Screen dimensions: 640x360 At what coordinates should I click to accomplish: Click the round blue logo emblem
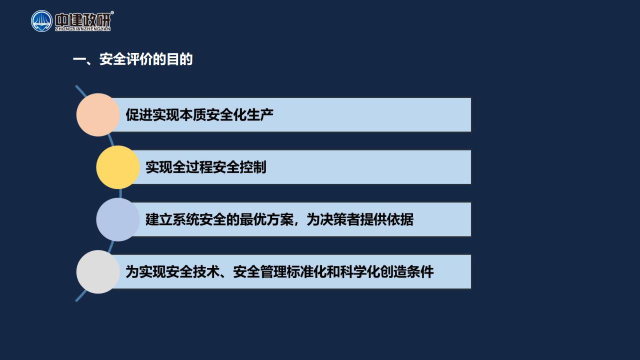click(x=41, y=21)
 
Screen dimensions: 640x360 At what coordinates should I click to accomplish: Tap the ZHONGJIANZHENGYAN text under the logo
click(x=83, y=29)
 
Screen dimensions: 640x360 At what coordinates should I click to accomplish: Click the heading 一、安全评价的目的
click(x=133, y=59)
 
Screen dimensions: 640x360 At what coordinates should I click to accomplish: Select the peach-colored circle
click(x=98, y=115)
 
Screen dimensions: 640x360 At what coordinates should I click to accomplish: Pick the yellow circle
click(x=118, y=167)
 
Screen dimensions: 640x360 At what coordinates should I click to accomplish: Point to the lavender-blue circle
click(x=118, y=219)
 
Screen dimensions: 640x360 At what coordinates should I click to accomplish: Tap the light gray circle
click(x=98, y=271)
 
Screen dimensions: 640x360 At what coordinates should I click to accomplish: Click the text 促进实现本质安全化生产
click(x=199, y=115)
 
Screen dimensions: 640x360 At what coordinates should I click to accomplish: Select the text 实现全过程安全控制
click(x=206, y=167)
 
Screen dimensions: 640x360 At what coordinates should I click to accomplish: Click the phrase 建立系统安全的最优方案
click(x=219, y=219)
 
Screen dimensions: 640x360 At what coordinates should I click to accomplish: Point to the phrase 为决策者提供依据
click(x=360, y=219)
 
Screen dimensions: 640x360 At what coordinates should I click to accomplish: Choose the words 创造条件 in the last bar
click(x=407, y=271)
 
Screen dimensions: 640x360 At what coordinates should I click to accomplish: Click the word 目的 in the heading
click(x=179, y=59)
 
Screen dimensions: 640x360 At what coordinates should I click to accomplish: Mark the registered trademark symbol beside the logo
click(x=112, y=12)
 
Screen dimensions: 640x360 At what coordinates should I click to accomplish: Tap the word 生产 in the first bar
click(x=260, y=115)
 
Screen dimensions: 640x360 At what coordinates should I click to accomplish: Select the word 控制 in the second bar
click(x=253, y=167)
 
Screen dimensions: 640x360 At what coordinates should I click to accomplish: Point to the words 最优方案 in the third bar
click(x=266, y=219)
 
